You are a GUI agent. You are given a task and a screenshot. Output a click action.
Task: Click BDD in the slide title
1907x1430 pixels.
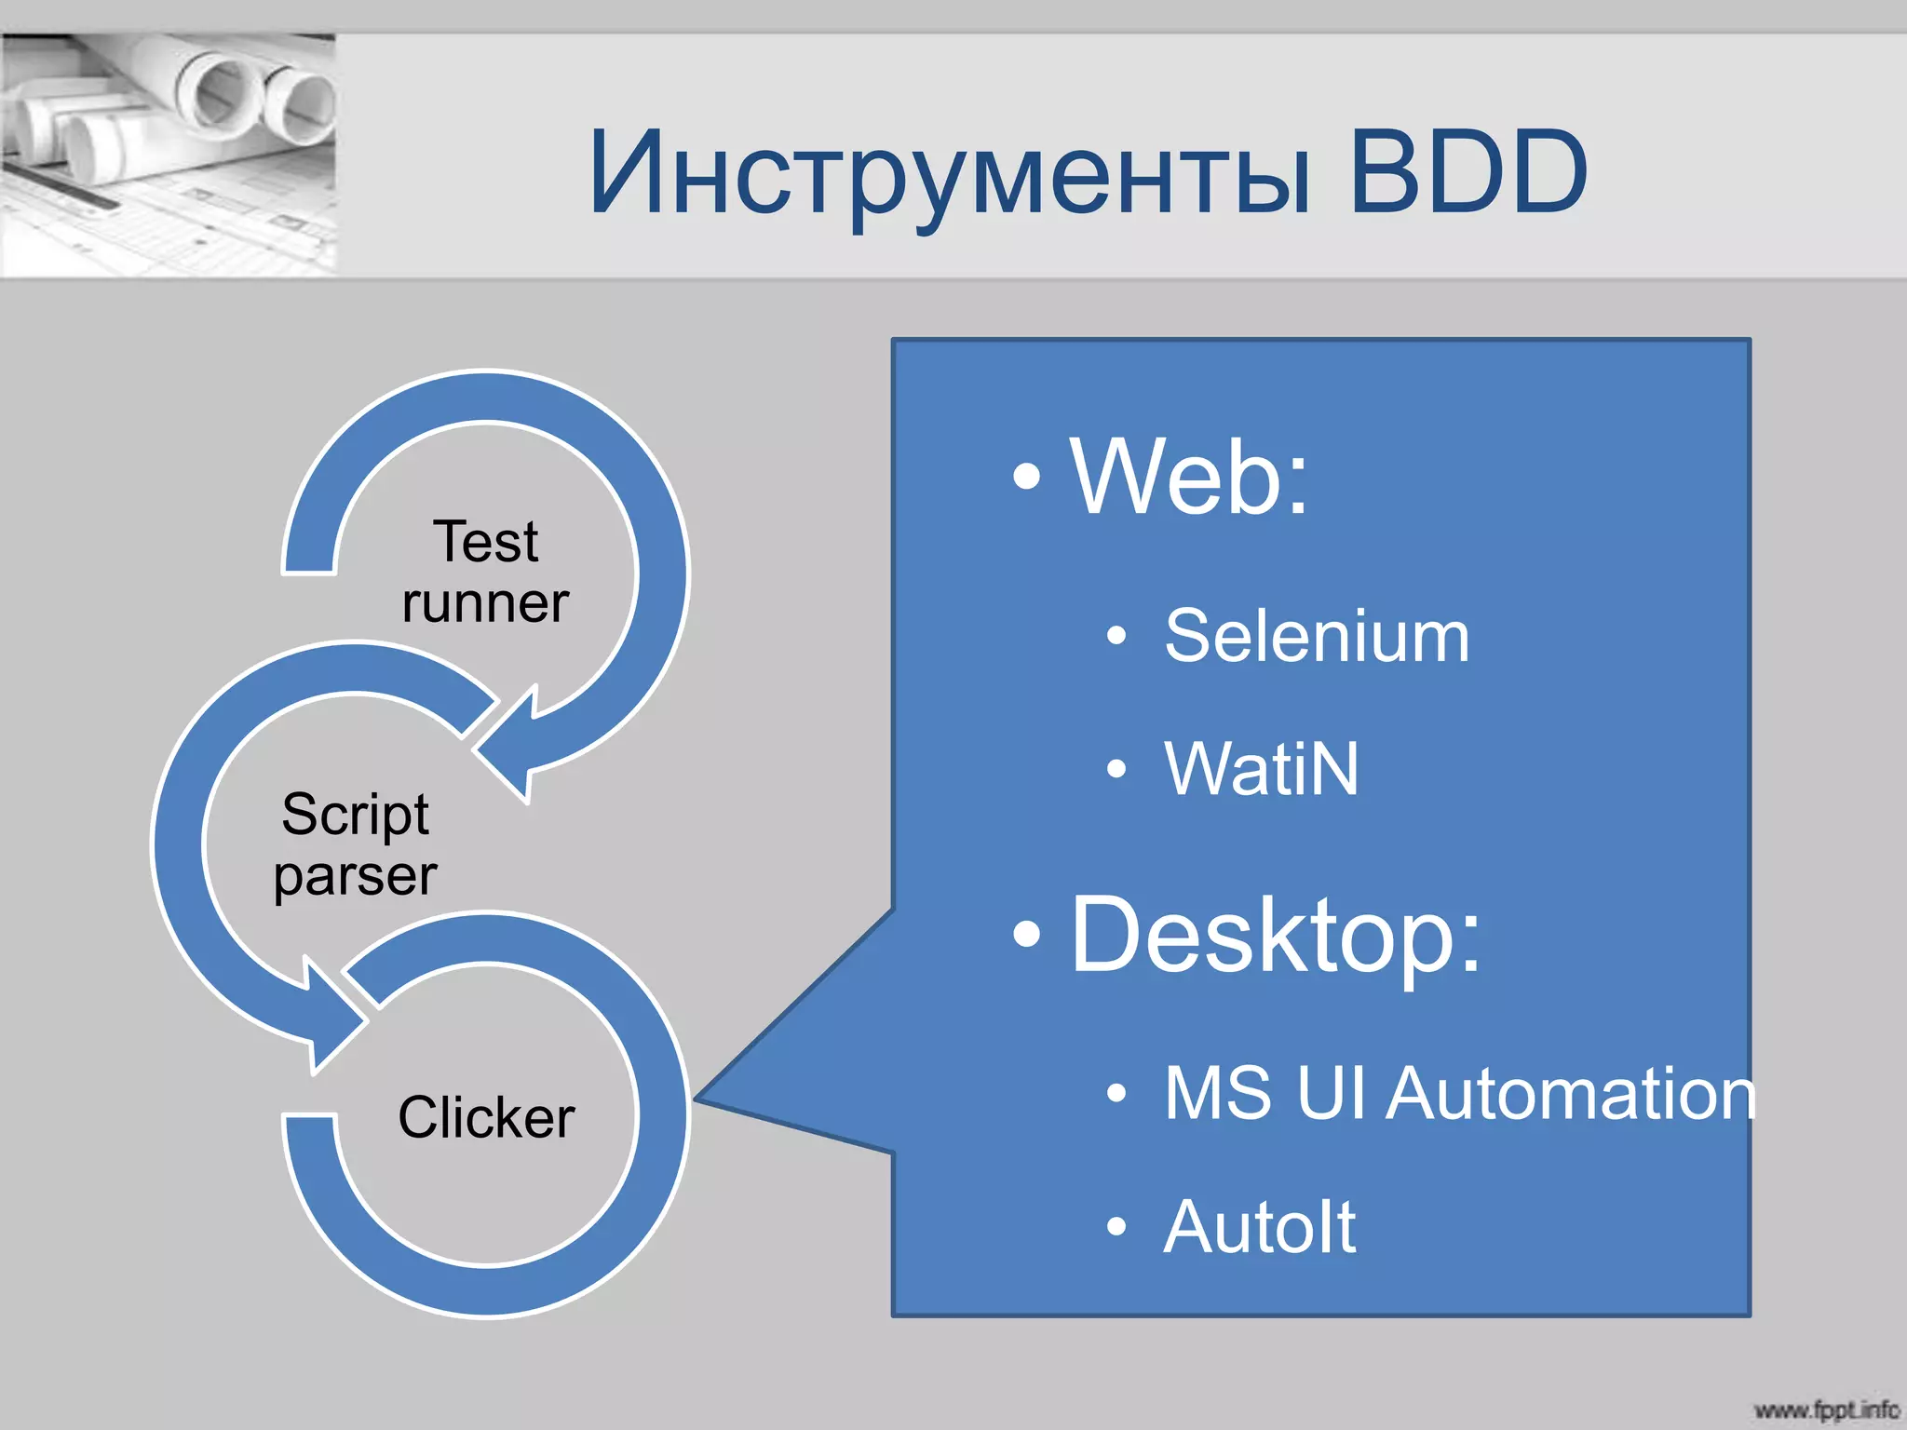click(x=1467, y=172)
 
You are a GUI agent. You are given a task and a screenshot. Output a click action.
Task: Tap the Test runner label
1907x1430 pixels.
click(x=485, y=572)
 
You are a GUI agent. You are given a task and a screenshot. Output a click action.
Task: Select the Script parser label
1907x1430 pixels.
click(x=355, y=844)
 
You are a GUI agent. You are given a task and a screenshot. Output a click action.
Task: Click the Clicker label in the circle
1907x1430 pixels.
click(x=486, y=1116)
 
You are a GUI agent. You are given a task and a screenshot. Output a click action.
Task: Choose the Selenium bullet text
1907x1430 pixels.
click(x=1317, y=636)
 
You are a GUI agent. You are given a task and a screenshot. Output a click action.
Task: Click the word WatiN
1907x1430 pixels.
click(x=1262, y=769)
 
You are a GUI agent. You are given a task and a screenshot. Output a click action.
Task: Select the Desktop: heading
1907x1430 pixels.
click(x=1275, y=934)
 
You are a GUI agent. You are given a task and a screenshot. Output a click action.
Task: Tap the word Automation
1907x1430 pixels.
click(x=1572, y=1093)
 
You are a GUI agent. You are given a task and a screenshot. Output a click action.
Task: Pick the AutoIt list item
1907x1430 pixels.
click(x=1260, y=1227)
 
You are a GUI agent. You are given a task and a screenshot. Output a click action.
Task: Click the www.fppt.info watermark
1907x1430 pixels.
click(x=1825, y=1410)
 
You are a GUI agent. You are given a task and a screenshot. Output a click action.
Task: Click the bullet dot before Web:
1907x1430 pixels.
click(x=1026, y=477)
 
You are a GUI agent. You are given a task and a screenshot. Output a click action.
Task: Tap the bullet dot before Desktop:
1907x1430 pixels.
click(x=1026, y=934)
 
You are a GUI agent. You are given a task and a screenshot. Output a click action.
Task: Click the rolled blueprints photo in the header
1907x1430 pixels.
click(x=168, y=155)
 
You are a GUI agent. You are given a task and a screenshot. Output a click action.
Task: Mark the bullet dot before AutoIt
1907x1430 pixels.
click(x=1116, y=1227)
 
